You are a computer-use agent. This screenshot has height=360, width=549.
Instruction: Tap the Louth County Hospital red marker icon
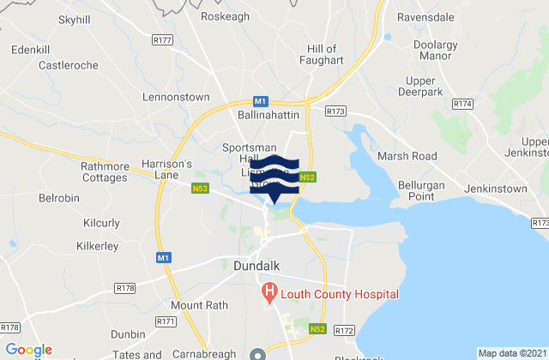point(268,294)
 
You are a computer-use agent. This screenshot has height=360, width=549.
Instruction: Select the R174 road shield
point(462,104)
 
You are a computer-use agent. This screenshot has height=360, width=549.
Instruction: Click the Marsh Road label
point(407,157)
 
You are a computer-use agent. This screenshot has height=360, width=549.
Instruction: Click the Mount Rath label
point(197,305)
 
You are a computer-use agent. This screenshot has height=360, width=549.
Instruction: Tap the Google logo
point(29,350)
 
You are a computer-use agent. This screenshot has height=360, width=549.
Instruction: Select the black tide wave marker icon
point(274,172)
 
